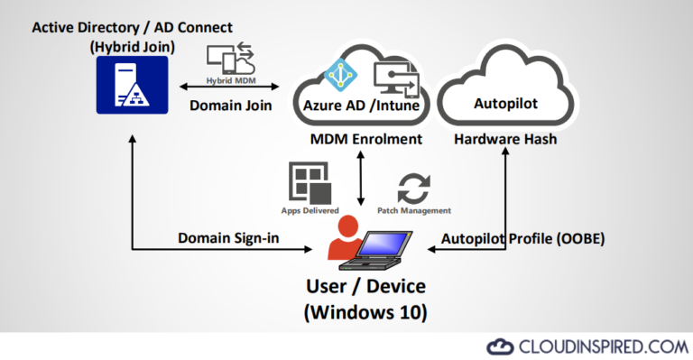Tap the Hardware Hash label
(505, 140)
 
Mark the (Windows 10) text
(365, 313)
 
